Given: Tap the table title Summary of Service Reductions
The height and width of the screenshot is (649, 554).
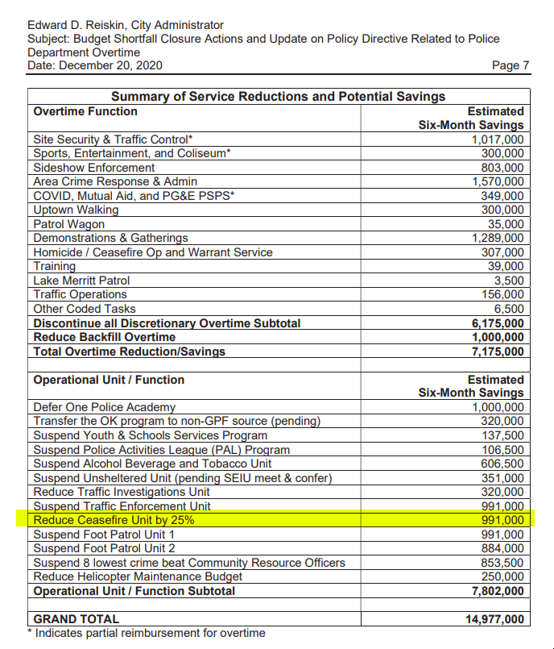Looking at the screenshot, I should coord(278,97).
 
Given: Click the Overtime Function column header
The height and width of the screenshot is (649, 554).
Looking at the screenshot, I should coord(85,111).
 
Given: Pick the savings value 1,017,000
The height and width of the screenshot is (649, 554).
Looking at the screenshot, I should coord(497,139).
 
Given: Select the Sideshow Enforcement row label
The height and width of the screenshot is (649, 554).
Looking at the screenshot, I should coord(94,168).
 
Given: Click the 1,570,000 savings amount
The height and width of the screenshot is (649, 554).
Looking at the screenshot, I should coord(497,181).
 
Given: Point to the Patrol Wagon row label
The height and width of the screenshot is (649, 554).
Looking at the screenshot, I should coord(69,224).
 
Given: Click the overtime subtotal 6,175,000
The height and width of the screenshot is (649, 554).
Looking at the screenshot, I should coord(496,323).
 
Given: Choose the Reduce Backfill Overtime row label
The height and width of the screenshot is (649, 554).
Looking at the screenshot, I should coord(105,337).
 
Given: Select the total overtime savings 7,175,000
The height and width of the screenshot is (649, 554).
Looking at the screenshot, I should coord(496,352).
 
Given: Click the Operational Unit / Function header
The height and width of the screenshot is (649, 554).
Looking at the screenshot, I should coord(109,380).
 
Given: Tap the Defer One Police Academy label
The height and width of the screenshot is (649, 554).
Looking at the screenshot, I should coord(105,407).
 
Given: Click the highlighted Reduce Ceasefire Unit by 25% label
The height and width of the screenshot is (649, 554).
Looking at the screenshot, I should coord(114,520).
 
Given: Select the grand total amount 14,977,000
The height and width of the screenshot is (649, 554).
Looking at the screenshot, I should coord(493,619).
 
